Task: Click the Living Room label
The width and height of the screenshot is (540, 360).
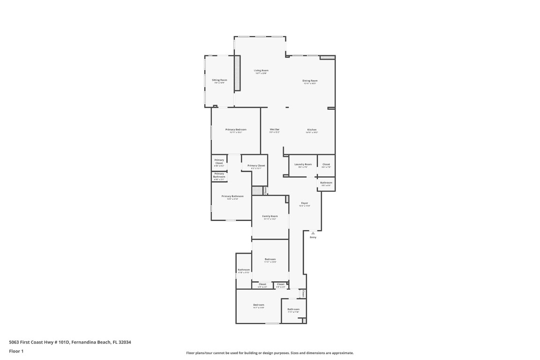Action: click(x=261, y=70)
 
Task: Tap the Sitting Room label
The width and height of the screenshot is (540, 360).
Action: click(x=219, y=80)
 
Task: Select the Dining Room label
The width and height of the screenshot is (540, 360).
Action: click(x=310, y=81)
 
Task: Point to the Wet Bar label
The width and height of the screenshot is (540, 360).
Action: click(x=274, y=129)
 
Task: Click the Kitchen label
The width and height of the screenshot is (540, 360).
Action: click(x=312, y=130)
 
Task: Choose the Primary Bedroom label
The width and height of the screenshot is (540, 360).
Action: click(x=236, y=129)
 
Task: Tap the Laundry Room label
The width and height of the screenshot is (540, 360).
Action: click(x=303, y=165)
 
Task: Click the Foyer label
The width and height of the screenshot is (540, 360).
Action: click(x=304, y=203)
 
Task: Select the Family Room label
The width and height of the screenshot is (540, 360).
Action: click(x=270, y=216)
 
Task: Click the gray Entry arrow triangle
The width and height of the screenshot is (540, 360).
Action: click(x=313, y=232)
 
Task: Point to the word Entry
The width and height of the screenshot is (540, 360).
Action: click(x=313, y=237)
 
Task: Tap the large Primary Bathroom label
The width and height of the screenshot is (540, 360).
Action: click(x=232, y=196)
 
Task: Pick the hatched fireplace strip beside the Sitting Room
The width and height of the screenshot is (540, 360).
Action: click(x=237, y=73)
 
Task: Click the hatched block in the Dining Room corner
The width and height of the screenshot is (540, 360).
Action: click(x=328, y=58)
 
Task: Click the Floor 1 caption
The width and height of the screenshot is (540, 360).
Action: click(x=16, y=351)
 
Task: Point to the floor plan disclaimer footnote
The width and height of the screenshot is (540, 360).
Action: click(x=270, y=353)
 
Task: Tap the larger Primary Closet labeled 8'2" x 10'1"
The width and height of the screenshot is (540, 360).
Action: click(x=256, y=166)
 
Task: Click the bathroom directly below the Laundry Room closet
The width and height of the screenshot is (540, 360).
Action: click(x=326, y=183)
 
